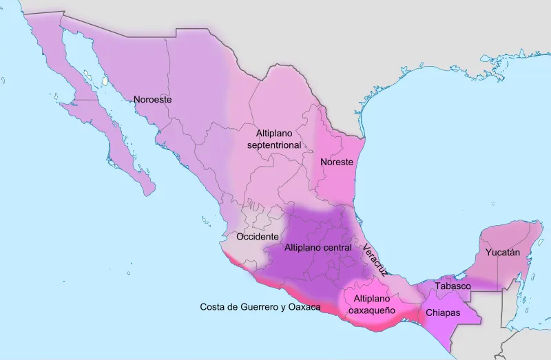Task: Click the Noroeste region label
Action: (152, 99)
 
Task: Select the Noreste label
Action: (337, 162)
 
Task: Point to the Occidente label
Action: (258, 236)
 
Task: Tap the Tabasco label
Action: (453, 286)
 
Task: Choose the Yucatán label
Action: (503, 253)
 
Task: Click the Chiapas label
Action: (444, 313)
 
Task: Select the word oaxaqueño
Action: (372, 310)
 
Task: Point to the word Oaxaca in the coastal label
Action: (306, 306)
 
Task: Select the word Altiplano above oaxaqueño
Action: (373, 299)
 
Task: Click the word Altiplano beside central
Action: (304, 247)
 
